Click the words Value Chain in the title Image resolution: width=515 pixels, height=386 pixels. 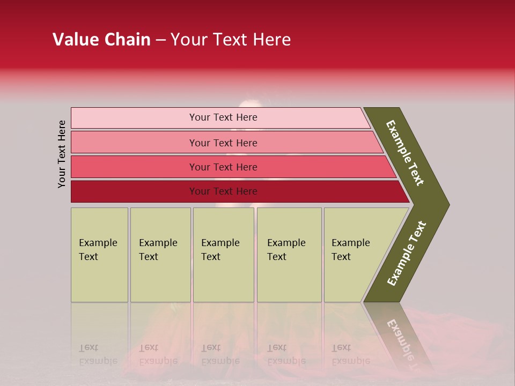click(101, 40)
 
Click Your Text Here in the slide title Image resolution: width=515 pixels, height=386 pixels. click(231, 40)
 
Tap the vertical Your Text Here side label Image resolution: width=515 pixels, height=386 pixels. click(62, 154)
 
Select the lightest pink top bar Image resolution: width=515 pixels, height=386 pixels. click(134, 118)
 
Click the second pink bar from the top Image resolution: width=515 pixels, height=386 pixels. click(134, 143)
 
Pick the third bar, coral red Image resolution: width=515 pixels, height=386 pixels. click(134, 167)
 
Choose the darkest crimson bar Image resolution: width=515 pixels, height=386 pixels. click(134, 191)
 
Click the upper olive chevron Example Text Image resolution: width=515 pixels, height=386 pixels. click(405, 153)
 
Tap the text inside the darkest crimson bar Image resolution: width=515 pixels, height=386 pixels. click(223, 191)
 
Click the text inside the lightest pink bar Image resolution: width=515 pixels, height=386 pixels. click(223, 117)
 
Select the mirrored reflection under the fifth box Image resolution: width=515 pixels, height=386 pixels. click(350, 354)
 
